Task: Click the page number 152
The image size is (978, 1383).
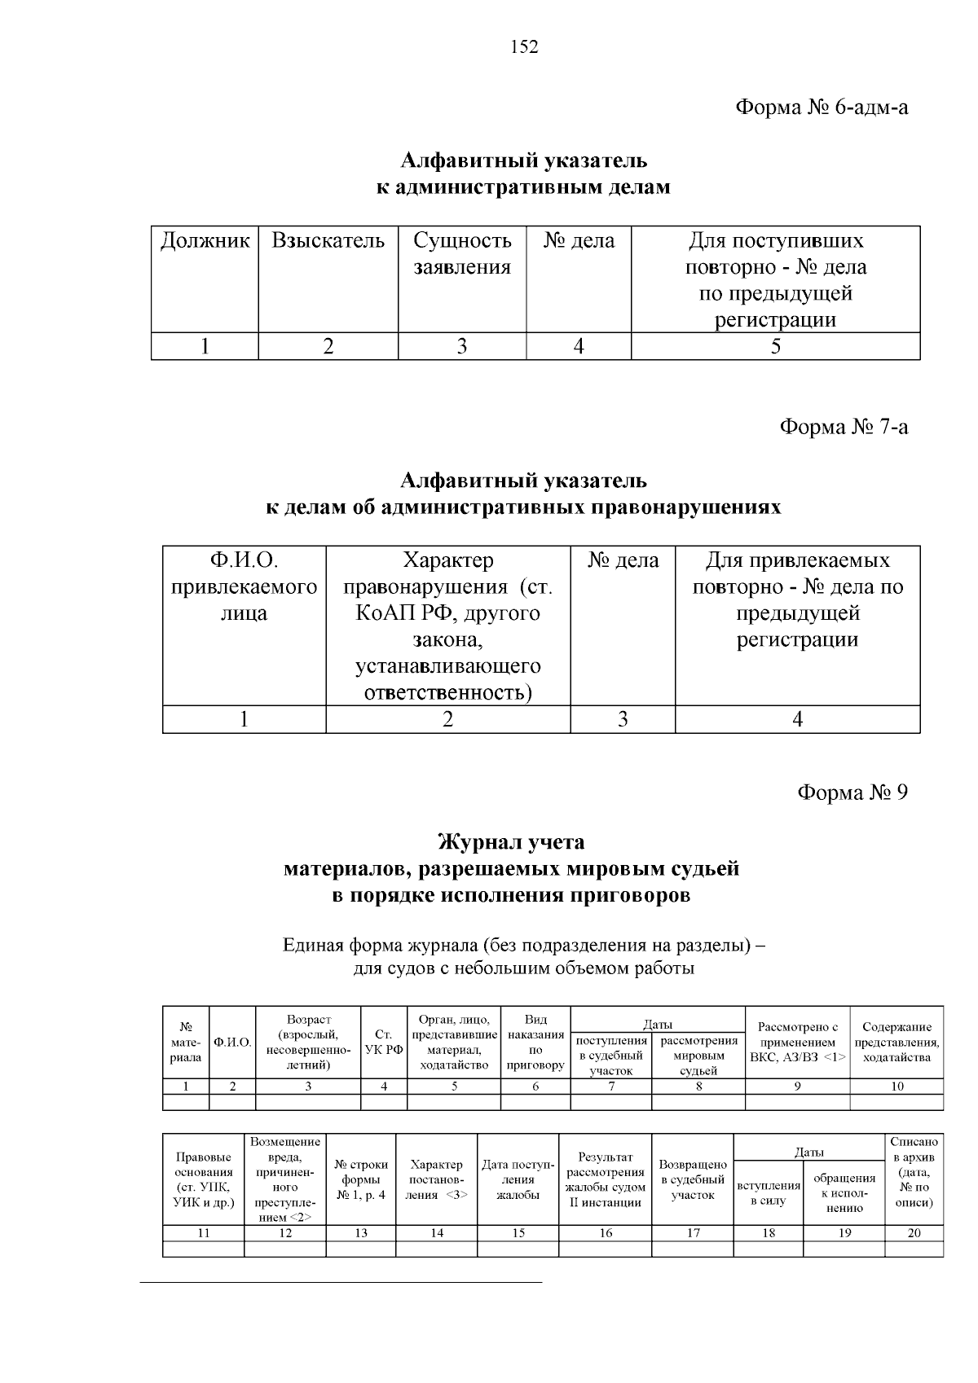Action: pos(524,47)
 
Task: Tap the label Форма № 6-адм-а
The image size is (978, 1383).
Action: pos(821,108)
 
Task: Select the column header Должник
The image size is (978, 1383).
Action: pos(205,241)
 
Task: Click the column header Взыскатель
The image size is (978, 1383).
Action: pos(328,241)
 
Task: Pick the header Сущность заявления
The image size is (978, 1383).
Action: pos(462,253)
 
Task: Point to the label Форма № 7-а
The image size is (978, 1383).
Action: pos(844,427)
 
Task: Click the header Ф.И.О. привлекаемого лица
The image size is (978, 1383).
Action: pos(244,586)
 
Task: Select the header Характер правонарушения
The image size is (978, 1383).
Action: pos(447,626)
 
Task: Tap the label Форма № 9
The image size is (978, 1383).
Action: pos(852,792)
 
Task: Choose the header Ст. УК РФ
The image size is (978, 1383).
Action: pos(384,1043)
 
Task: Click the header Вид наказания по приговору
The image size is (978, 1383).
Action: pos(535,1043)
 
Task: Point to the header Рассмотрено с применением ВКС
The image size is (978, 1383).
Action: pos(797,1043)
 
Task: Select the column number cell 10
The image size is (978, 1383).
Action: pos(896,1086)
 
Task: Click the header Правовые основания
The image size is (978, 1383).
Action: pos(203,1179)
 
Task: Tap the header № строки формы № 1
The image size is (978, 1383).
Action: pos(360,1179)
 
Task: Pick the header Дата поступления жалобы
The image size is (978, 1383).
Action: pos(518,1179)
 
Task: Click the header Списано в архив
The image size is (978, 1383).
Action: pos(914,1172)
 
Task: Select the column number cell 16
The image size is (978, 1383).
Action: pos(606,1233)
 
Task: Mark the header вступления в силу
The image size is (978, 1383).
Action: pos(768,1193)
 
